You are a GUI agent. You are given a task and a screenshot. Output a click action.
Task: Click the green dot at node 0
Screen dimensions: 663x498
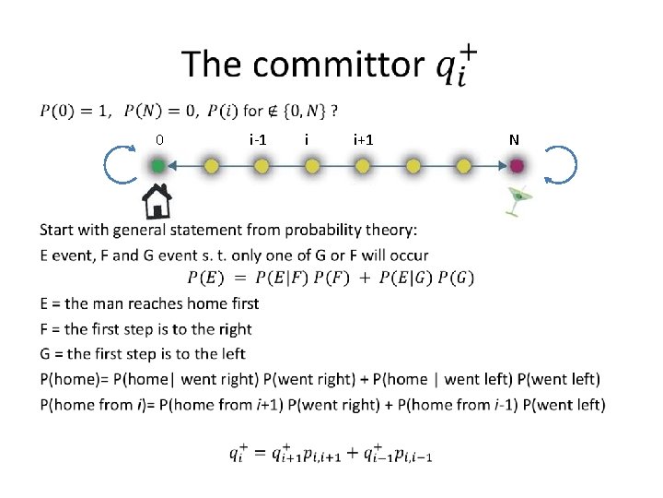(x=157, y=166)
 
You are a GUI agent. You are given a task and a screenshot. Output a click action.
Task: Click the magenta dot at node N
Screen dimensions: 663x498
(x=517, y=166)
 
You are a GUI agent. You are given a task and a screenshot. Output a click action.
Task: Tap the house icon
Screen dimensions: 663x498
(x=157, y=200)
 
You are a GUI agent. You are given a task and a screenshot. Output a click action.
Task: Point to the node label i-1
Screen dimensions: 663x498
(x=259, y=140)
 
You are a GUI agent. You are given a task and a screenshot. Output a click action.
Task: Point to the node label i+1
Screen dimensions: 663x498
(x=363, y=140)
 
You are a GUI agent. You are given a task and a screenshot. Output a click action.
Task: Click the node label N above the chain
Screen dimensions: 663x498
(x=514, y=140)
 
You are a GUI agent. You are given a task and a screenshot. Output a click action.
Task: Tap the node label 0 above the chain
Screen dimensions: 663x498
(x=158, y=140)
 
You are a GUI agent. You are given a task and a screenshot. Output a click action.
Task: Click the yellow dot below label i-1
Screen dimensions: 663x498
(x=262, y=166)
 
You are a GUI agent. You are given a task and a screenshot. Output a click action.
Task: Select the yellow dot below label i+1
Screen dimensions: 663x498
(x=363, y=166)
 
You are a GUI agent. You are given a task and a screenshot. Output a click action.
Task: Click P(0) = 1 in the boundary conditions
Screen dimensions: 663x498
(x=75, y=112)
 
